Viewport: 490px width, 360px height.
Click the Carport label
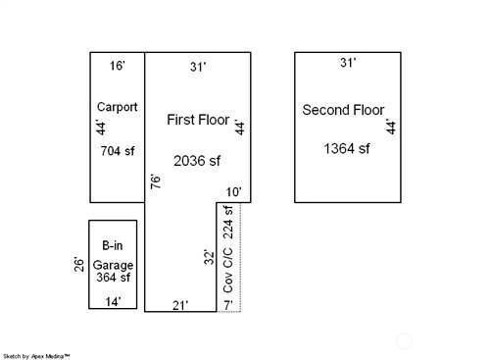click(118, 107)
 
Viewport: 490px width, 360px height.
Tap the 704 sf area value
click(118, 151)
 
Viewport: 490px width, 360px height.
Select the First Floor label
click(198, 120)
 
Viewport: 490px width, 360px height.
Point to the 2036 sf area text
click(197, 161)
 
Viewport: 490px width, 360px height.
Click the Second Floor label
click(343, 110)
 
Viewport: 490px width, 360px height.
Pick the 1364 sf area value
click(347, 149)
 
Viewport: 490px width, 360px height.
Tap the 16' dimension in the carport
click(117, 66)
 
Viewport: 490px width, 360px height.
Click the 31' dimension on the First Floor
click(198, 67)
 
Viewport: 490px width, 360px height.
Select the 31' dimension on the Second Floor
click(348, 63)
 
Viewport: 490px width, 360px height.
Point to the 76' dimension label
click(156, 181)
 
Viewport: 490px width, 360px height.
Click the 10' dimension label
click(233, 192)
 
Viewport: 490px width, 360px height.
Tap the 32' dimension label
click(210, 257)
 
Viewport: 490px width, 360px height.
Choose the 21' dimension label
click(180, 305)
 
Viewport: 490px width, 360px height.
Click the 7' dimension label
click(228, 305)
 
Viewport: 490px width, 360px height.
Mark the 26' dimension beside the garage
click(79, 265)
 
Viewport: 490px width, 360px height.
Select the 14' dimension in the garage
click(113, 301)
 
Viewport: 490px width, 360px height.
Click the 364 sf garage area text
click(113, 278)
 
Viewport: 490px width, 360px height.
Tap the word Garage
click(113, 265)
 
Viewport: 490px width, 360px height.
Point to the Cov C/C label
click(228, 270)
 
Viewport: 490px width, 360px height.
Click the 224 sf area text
click(228, 223)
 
